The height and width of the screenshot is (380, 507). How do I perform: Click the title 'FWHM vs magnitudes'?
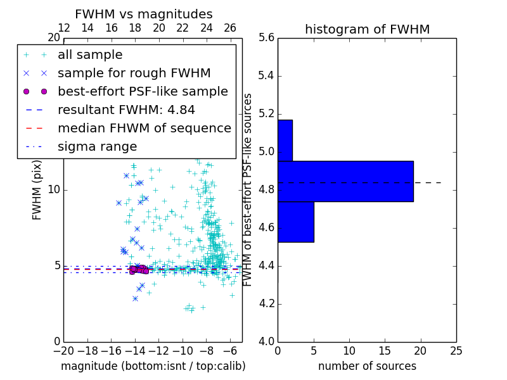144,15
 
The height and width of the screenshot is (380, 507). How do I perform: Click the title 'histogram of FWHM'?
367,30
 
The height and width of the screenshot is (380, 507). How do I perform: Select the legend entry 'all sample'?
90,55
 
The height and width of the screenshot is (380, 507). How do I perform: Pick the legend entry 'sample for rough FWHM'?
134,73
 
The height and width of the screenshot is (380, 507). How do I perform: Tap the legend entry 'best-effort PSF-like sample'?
143,91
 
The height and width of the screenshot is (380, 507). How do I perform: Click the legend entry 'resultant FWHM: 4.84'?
126,110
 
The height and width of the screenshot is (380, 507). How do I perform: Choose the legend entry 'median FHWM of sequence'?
144,128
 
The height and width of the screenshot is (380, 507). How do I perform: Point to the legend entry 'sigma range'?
97,146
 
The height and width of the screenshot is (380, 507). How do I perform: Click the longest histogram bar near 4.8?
345,181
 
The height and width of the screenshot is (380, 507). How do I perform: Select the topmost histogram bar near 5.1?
285,140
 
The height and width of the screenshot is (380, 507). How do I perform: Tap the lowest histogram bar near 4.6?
295,222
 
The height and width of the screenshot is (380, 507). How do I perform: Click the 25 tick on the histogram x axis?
456,350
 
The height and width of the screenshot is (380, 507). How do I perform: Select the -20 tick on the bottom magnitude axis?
63,350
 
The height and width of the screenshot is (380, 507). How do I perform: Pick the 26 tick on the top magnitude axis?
230,28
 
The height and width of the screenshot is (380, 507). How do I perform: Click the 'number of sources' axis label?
367,366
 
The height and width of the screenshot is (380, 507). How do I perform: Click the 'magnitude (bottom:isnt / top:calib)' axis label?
153,366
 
